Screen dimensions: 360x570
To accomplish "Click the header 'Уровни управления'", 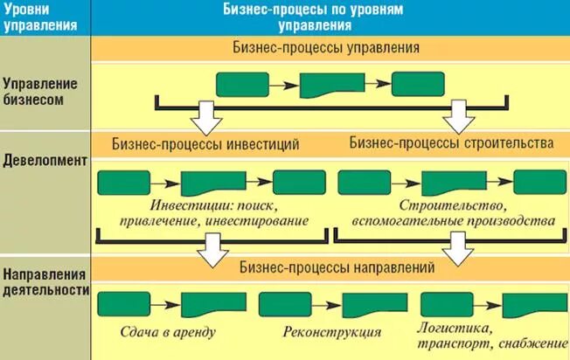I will tap(34, 17).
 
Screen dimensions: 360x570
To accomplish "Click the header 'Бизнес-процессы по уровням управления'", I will tap(328, 17).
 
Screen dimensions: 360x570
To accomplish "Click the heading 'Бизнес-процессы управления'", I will tap(327, 47).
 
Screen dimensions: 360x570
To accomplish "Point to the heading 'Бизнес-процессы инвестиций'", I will tap(206, 142).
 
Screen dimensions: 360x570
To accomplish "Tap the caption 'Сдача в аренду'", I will tap(169, 332).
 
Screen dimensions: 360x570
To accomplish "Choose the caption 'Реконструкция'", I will tap(332, 332).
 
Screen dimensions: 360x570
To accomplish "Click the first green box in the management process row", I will tap(241, 85).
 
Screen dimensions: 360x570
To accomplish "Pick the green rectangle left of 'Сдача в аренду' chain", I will tap(122, 305).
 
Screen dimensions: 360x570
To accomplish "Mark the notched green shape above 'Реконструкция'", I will tap(368, 305).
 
